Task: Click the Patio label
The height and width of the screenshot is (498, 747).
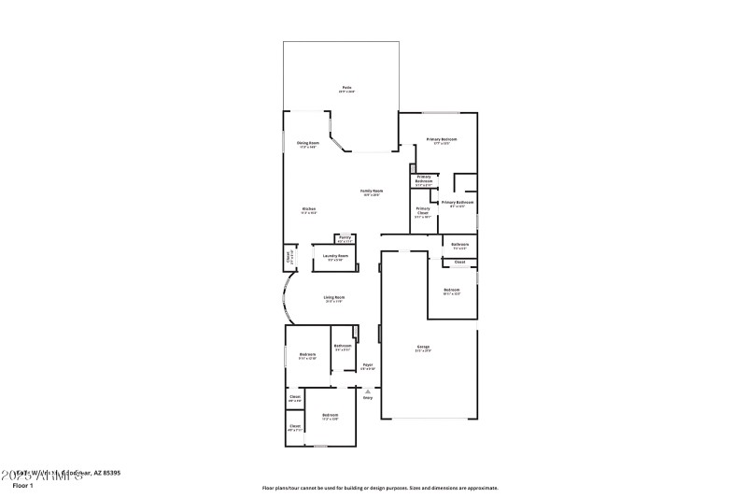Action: (x=345, y=89)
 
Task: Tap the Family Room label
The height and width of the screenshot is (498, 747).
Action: (x=372, y=192)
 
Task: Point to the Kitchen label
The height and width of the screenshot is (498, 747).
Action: (x=308, y=209)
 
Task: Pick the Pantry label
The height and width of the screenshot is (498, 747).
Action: (x=345, y=238)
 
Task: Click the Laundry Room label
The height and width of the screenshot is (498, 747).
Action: (x=335, y=256)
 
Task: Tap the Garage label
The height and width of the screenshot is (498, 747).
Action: (x=423, y=347)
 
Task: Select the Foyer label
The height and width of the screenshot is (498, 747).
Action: (x=368, y=365)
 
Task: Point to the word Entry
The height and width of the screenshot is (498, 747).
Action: (x=368, y=396)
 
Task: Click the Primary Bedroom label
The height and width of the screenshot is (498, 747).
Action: (x=442, y=140)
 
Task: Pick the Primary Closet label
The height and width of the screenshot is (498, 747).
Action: (x=423, y=210)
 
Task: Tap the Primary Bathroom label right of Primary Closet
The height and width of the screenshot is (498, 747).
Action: (x=458, y=203)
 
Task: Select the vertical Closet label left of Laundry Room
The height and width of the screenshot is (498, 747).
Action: (x=289, y=255)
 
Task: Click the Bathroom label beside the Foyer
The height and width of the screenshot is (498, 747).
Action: (x=342, y=347)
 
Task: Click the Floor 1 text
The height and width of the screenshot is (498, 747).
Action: (x=22, y=486)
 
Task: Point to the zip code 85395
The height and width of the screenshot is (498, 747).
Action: (x=108, y=473)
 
